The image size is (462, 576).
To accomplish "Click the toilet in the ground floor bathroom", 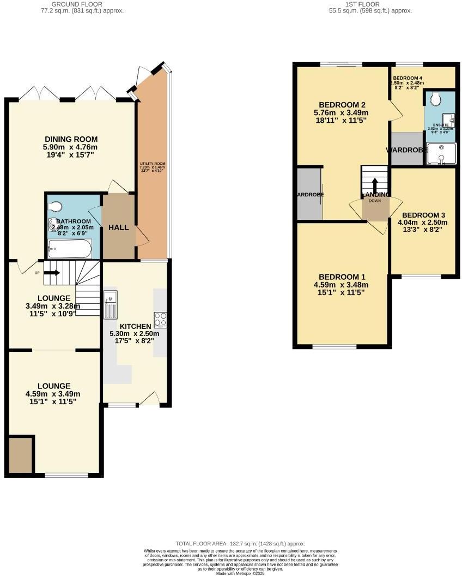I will [x=55, y=206].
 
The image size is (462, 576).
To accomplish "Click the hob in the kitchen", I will [x=161, y=318].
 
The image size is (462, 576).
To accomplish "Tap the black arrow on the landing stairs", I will [x=374, y=184].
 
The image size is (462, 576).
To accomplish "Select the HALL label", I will [x=119, y=227].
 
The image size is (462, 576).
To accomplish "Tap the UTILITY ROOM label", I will [x=152, y=164].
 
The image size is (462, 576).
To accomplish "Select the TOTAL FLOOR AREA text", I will [x=240, y=544].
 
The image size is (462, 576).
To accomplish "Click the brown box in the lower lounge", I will [x=20, y=454].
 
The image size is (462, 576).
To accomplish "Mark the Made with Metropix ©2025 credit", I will [x=240, y=573].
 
